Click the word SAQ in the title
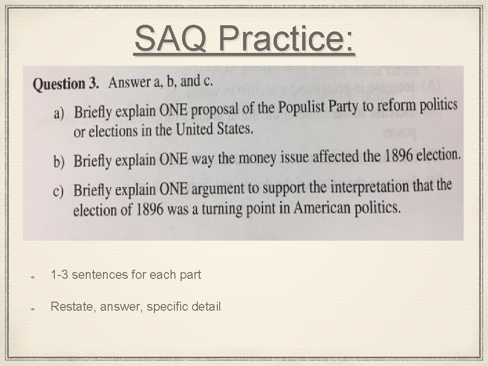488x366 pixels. (170, 39)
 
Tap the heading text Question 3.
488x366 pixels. (66, 84)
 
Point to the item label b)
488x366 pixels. (59, 162)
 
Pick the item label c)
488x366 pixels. (59, 192)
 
